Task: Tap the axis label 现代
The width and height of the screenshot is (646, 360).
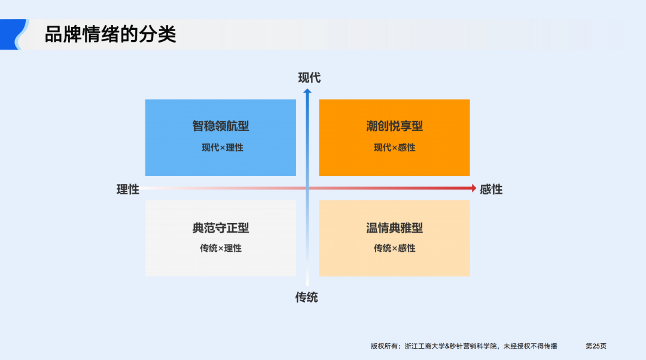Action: tap(309, 78)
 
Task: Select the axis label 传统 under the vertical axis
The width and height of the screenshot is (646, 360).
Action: tap(306, 297)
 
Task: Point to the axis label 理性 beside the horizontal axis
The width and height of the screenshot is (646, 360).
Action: tap(127, 190)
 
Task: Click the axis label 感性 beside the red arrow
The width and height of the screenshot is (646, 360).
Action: tap(491, 190)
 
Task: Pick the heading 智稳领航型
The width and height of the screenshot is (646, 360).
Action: tap(221, 126)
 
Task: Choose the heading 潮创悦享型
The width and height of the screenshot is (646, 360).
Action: tap(394, 126)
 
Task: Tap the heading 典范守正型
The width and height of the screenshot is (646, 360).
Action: tap(221, 228)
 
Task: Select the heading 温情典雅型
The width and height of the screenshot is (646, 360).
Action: tap(394, 228)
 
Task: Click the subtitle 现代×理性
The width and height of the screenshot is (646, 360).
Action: tap(222, 147)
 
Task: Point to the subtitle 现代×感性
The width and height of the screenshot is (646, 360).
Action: tap(394, 147)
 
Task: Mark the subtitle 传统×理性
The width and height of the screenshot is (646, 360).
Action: tap(221, 248)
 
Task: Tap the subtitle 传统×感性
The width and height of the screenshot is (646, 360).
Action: tap(394, 248)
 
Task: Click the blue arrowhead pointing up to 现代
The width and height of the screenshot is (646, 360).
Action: tap(307, 91)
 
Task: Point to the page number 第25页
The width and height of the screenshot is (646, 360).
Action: tap(595, 346)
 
